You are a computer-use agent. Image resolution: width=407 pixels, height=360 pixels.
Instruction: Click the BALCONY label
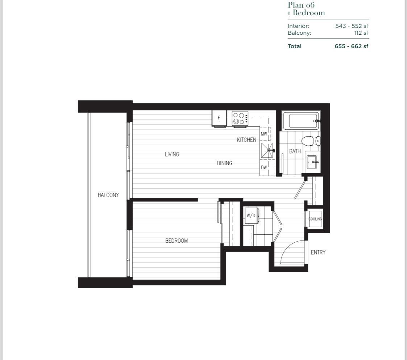pos(108,195)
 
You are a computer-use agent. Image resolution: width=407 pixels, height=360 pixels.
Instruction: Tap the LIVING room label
pos(172,154)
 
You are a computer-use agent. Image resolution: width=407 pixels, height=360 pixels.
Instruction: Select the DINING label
pos(224,163)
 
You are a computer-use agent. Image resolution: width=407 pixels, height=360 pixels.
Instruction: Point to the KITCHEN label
pos(246,140)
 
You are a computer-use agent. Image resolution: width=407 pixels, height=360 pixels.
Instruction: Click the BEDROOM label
pos(176,241)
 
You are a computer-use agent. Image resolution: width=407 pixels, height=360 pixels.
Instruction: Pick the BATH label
pos(295,151)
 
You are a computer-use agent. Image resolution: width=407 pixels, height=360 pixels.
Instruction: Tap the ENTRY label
pos(318,252)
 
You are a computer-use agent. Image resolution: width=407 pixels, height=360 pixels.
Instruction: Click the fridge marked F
pos(219,118)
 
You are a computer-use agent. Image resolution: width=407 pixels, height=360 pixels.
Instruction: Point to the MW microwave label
pos(264,134)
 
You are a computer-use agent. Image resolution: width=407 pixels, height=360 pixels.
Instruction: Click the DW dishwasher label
pos(264,168)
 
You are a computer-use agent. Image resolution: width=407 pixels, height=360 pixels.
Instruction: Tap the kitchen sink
pos(268,150)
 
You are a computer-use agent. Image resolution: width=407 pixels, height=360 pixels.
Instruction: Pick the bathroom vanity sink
pos(312,162)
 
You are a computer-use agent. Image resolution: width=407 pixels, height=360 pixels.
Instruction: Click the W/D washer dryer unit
pos(251,216)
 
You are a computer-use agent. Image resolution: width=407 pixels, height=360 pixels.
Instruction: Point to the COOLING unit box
pos(315,219)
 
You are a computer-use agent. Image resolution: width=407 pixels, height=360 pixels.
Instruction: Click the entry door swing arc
pos(292,250)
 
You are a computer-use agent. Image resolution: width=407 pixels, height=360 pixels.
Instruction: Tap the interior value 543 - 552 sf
pos(352,26)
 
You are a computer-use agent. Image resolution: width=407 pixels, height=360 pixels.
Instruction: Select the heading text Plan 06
pos(301,5)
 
